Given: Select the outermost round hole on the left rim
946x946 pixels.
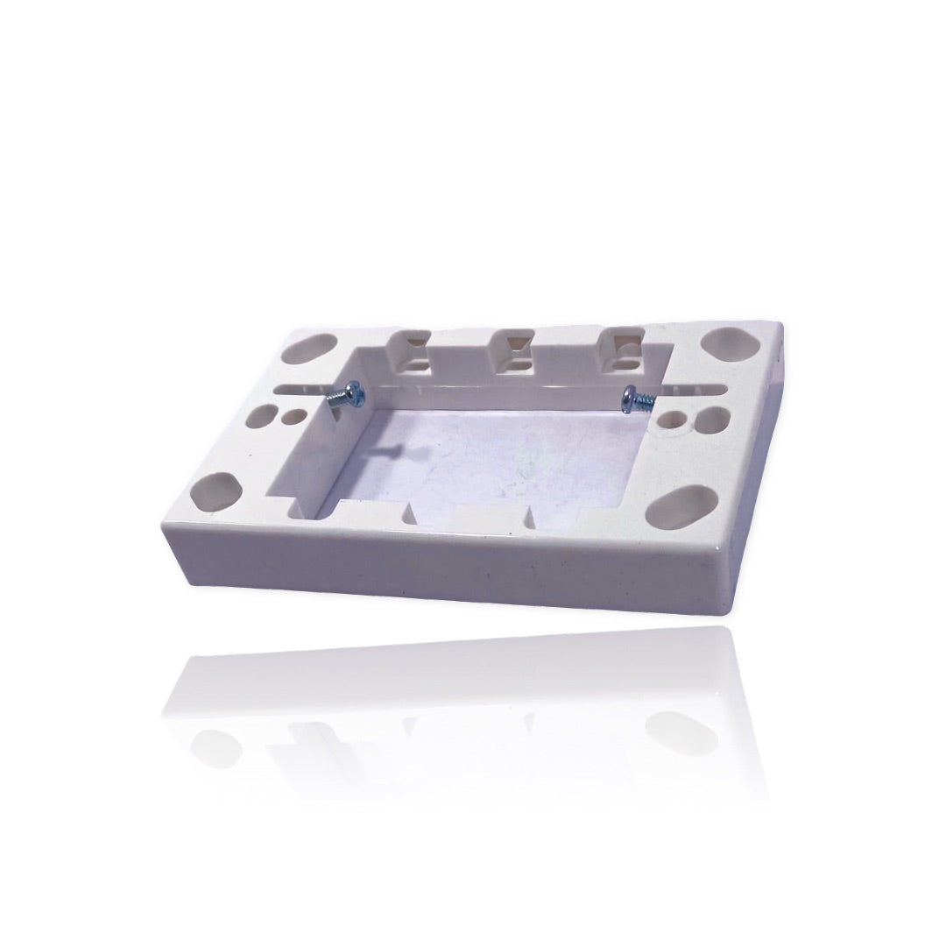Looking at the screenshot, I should click(259, 414).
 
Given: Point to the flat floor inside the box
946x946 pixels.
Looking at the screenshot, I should click(491, 455).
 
